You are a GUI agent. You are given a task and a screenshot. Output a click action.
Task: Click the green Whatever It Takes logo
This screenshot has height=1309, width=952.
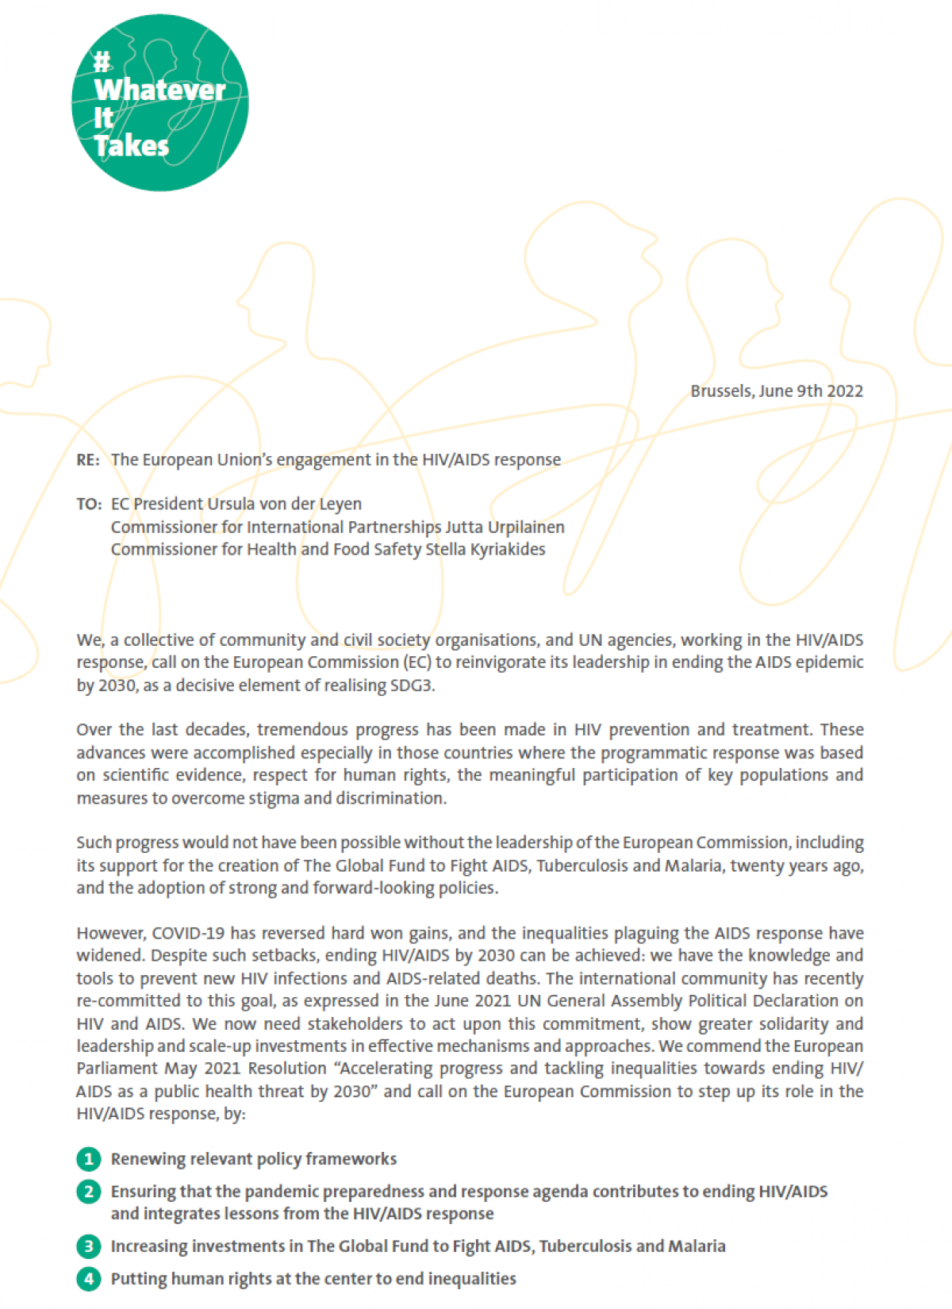159,103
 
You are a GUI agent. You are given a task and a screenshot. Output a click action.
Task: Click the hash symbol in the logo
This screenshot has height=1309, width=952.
102,61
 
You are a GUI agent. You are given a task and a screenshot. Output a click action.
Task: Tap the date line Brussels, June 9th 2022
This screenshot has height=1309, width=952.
776,391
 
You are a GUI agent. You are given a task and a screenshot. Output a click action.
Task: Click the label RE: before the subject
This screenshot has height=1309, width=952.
88,460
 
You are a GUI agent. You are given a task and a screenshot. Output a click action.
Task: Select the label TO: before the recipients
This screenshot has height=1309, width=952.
89,505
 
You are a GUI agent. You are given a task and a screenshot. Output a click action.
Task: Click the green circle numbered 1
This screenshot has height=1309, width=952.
89,1159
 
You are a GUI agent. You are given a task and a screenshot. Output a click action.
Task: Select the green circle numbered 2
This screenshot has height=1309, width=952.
89,1192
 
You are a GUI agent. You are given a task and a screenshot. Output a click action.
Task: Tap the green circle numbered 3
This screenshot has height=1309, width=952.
89,1246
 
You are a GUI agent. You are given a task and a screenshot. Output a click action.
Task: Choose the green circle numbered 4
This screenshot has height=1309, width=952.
89,1279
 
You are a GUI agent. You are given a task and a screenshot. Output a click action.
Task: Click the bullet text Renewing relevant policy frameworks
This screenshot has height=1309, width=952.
254,1159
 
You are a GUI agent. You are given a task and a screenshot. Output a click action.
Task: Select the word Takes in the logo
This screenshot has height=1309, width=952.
132,146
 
